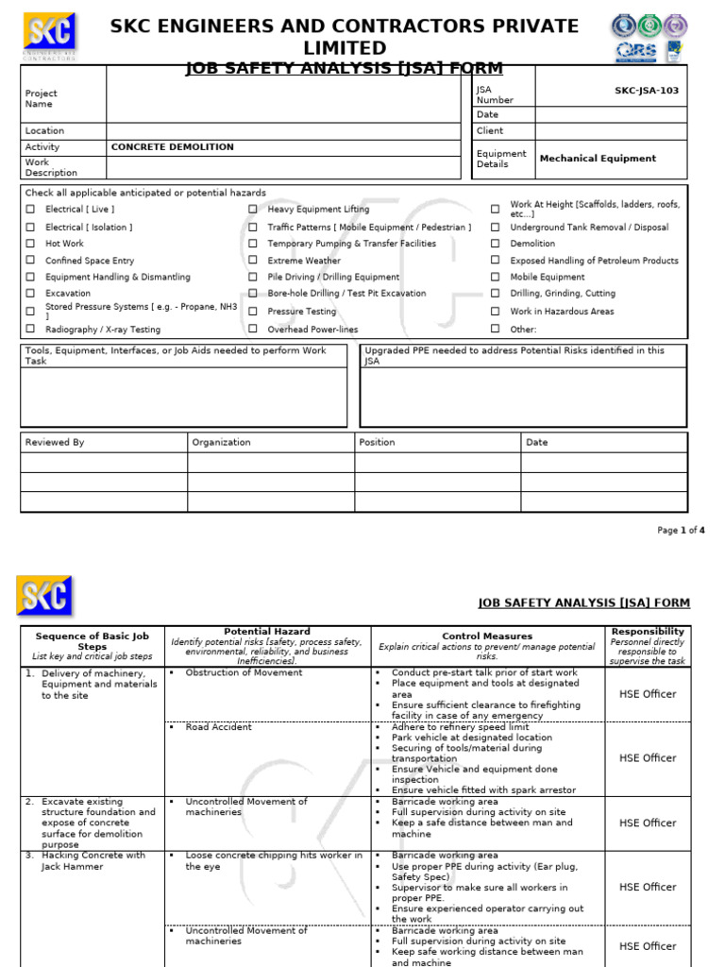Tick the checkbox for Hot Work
point(30,244)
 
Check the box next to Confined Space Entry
point(30,261)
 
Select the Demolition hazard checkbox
point(495,244)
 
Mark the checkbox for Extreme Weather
point(252,261)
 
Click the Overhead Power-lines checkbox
point(252,330)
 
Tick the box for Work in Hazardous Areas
point(495,312)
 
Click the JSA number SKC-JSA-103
point(646,91)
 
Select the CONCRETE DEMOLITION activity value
point(173,147)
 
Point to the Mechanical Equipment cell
point(598,159)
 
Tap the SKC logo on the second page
point(44,595)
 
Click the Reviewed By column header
point(55,442)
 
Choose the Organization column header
point(221,442)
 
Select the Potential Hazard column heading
point(267,631)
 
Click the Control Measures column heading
point(487,636)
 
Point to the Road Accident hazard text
point(218,727)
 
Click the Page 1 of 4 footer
point(681,531)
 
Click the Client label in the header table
point(490,131)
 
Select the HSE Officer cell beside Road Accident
point(647,758)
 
